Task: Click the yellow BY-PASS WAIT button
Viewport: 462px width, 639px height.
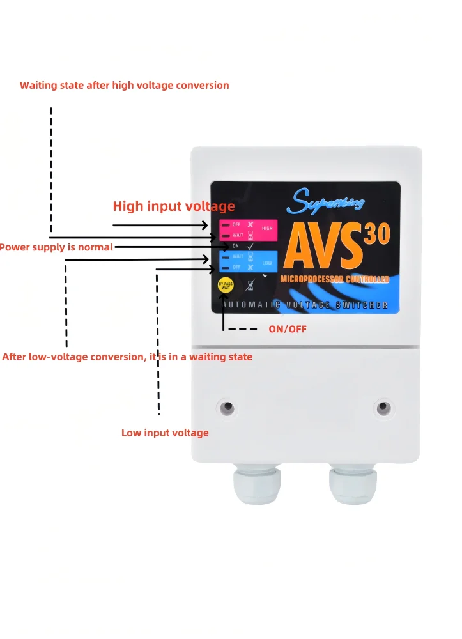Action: point(225,286)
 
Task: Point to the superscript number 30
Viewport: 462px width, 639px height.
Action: point(378,235)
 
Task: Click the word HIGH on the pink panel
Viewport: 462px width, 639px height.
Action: point(267,229)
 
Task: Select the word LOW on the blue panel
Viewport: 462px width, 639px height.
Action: point(266,262)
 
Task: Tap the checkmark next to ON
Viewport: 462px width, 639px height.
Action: point(250,246)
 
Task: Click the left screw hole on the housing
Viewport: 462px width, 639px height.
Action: point(226,406)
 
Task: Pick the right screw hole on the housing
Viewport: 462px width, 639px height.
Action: point(383,406)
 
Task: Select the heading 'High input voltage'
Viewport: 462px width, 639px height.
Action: point(174,206)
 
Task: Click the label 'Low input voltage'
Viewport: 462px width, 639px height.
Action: point(165,433)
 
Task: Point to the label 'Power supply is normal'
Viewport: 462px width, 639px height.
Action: point(56,247)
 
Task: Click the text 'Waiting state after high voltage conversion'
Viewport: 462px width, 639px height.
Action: point(124,85)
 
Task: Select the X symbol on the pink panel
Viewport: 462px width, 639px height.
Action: point(250,225)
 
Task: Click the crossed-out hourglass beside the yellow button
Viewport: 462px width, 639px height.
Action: point(250,286)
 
